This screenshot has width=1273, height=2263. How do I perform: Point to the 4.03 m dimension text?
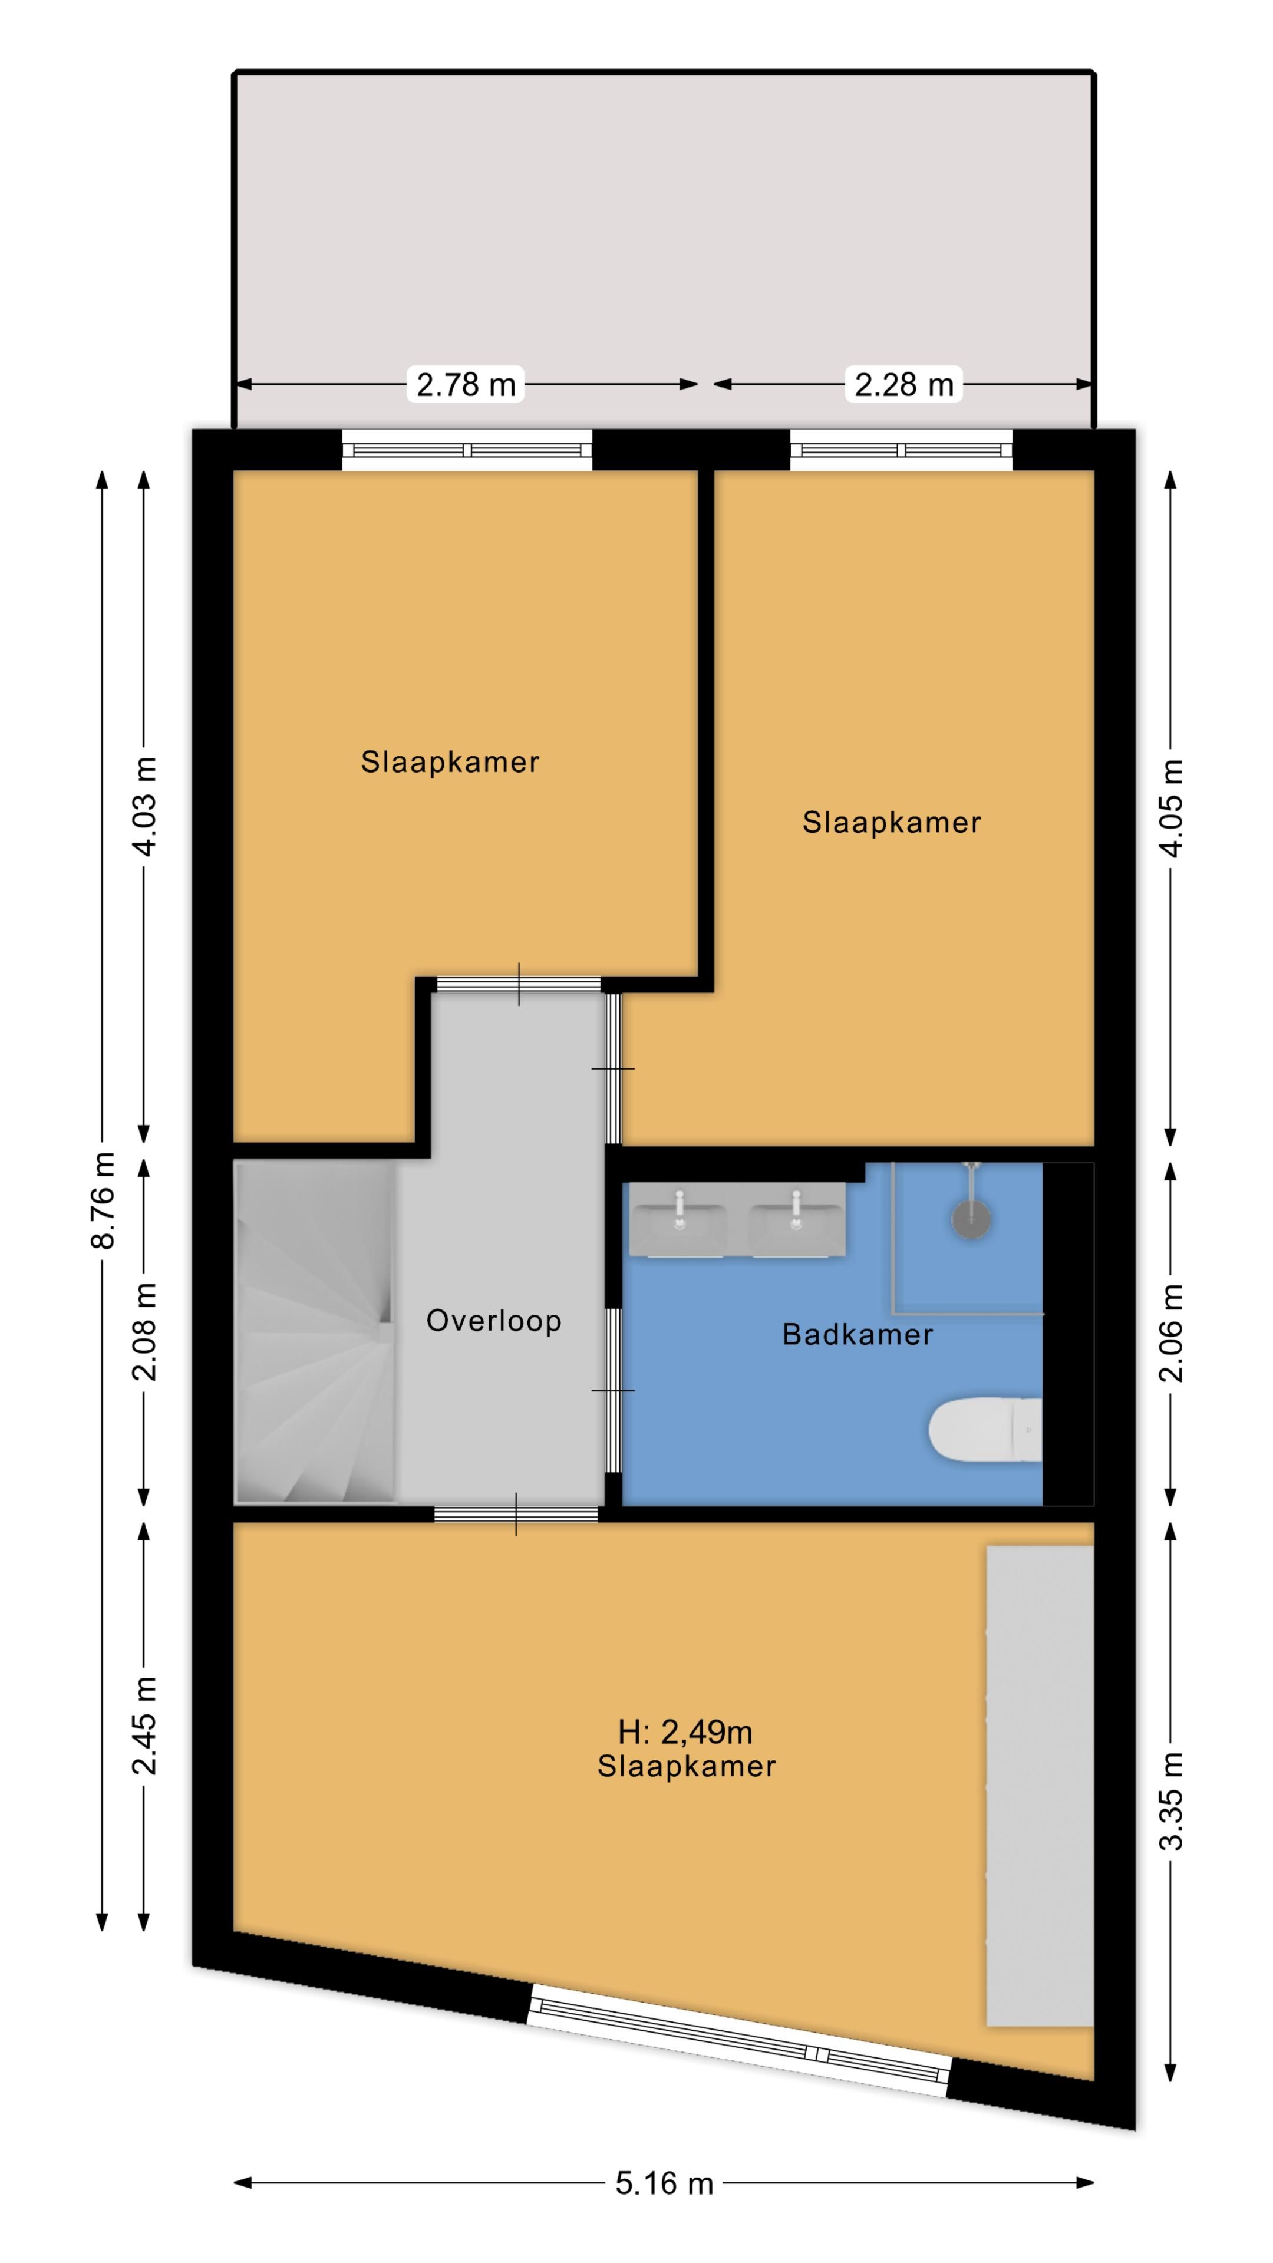pyautogui.click(x=145, y=806)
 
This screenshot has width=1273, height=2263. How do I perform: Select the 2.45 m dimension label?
pyautogui.click(x=145, y=1726)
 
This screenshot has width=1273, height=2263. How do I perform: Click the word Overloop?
pyautogui.click(x=494, y=1321)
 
